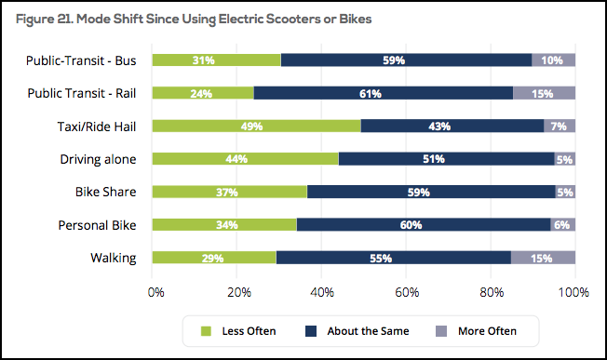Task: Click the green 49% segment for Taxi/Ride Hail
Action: click(257, 127)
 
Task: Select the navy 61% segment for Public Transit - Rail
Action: click(384, 93)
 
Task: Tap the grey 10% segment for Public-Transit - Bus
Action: click(553, 60)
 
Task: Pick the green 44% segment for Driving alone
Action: click(246, 159)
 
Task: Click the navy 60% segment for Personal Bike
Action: click(424, 225)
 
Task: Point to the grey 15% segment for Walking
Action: click(543, 258)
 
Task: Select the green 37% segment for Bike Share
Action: click(230, 192)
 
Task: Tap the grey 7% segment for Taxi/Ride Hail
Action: click(560, 127)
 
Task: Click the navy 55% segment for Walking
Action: click(393, 258)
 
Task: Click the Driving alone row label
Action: click(98, 159)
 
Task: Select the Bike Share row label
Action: click(106, 192)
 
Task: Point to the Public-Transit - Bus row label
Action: click(81, 60)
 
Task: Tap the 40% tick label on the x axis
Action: click(322, 292)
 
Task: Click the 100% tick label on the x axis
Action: click(573, 292)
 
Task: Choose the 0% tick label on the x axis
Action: click(156, 292)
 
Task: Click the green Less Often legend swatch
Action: click(206, 331)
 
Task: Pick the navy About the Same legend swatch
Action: click(311, 331)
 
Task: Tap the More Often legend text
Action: click(487, 331)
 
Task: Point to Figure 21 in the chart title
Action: click(45, 20)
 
